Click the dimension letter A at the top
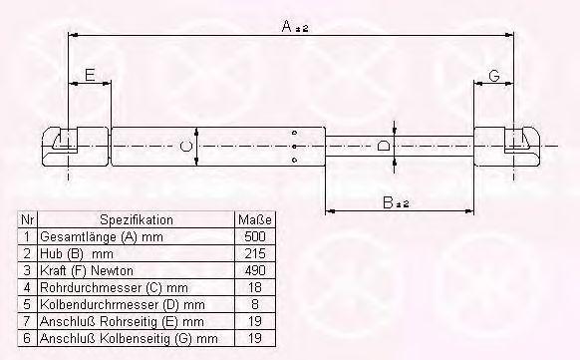click(x=287, y=26)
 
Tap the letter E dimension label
click(x=90, y=75)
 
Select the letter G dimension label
click(x=494, y=76)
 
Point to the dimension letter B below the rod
click(x=388, y=202)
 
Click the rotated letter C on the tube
click(x=186, y=147)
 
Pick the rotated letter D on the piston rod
click(x=384, y=147)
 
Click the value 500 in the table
click(x=255, y=236)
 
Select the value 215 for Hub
click(x=255, y=253)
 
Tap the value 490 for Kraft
click(x=255, y=270)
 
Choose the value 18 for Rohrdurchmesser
click(x=255, y=287)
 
